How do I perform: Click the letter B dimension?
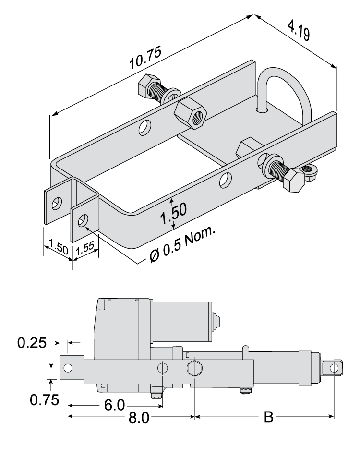point(269,417)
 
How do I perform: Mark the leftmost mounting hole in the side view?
point(68,368)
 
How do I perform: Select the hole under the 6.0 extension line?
point(163,368)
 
